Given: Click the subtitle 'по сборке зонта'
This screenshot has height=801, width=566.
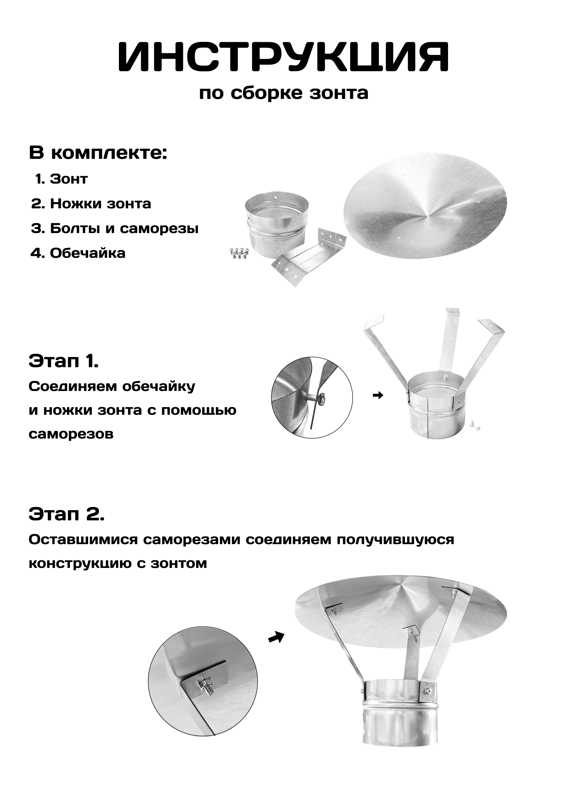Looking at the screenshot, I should (x=283, y=93).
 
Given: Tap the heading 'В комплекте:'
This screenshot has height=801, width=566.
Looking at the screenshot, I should (x=98, y=153).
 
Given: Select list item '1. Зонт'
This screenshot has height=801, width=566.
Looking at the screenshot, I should (x=62, y=179).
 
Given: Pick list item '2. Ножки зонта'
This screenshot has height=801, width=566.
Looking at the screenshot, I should (x=91, y=204).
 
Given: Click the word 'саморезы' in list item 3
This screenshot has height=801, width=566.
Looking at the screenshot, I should (x=159, y=229).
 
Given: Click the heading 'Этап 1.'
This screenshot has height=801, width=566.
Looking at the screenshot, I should (x=63, y=361).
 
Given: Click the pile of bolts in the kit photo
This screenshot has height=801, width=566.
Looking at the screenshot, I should (x=239, y=253).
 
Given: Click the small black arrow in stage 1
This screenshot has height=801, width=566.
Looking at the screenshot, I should (x=378, y=395).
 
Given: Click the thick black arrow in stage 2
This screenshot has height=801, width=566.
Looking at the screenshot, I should (x=276, y=637).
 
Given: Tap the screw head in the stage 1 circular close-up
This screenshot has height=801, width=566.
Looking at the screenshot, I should (x=322, y=397).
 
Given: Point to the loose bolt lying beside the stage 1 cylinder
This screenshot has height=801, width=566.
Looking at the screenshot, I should (x=474, y=424).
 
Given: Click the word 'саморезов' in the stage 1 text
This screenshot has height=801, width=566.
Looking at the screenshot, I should (x=71, y=434).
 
